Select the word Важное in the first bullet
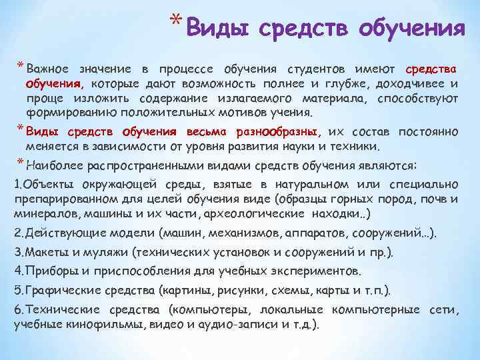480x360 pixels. point(47,69)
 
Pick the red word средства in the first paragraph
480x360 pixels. point(431,69)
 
